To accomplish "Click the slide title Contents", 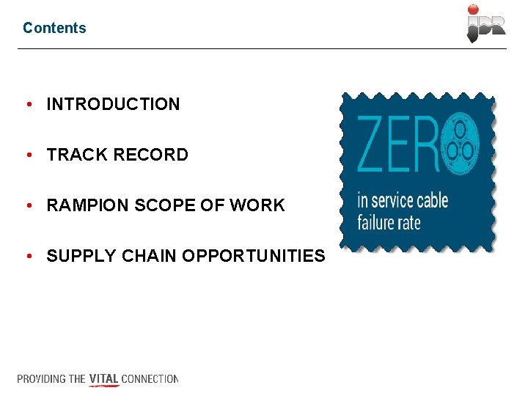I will pos(54,28).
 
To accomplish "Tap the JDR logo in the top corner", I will pos(486,23).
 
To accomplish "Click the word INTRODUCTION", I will pos(113,104).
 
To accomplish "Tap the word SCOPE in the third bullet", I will pos(153,205).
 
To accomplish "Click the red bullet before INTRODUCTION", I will pos(28,104).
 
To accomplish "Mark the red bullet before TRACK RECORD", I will pos(28,155).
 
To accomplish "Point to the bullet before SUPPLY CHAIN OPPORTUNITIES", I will pos(28,256).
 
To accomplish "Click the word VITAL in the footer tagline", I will pos(103,379).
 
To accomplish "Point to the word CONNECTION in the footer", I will pos(150,379).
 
